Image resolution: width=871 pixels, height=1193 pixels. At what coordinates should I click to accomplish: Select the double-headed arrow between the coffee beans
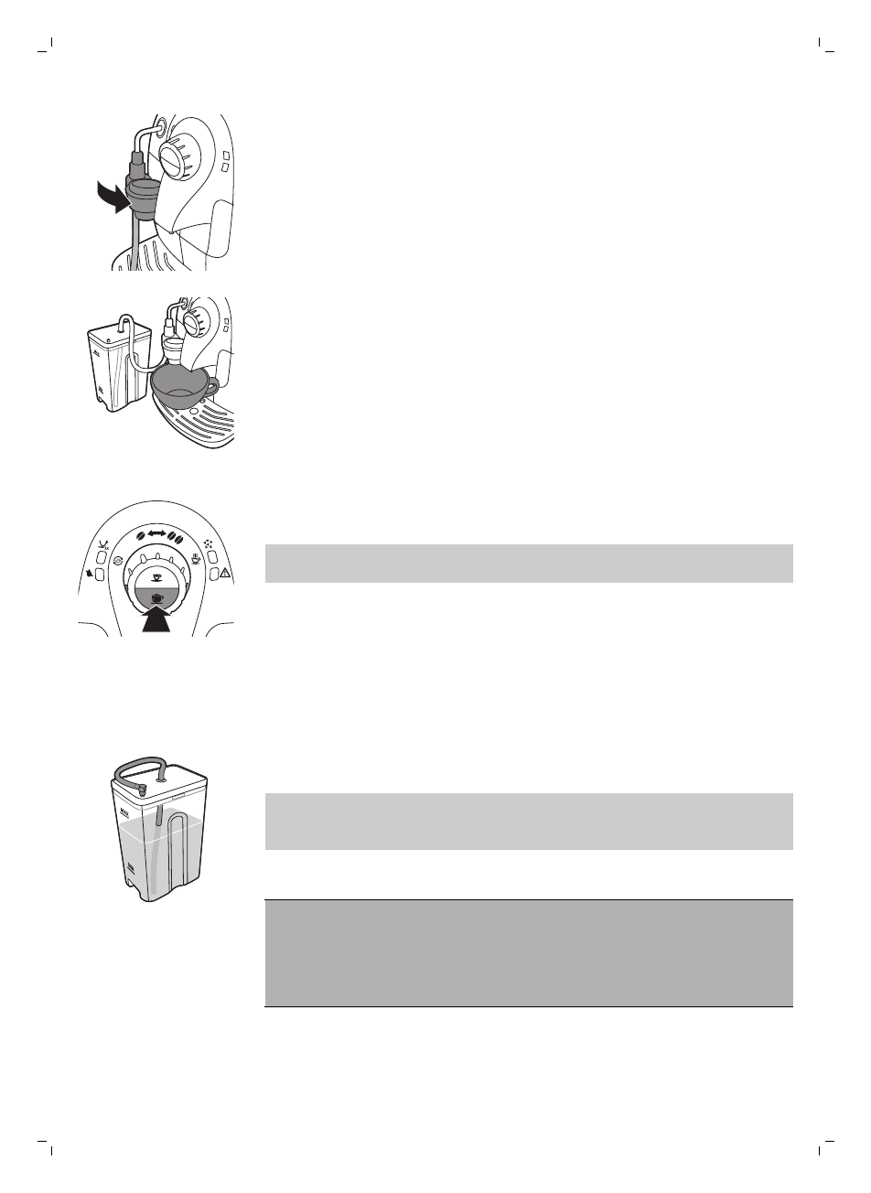tap(156, 533)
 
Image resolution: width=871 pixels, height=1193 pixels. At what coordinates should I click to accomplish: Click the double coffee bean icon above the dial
tap(176, 534)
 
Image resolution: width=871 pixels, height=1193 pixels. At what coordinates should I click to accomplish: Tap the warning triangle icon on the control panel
tap(224, 574)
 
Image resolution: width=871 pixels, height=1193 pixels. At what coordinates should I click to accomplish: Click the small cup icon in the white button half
tap(156, 576)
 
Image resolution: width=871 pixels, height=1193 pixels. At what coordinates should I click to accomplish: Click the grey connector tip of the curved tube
tap(142, 786)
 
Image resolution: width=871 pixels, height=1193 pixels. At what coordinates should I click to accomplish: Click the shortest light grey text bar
tap(528, 563)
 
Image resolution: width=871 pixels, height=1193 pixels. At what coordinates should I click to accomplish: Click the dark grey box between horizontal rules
tap(528, 952)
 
